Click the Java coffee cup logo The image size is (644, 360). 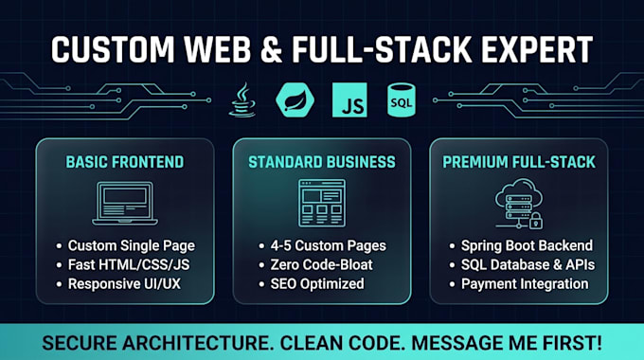point(242,99)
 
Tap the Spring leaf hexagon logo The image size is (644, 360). point(295,99)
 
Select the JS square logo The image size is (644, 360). point(349,99)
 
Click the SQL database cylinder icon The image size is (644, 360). point(402,99)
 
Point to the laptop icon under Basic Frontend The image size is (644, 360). point(125,204)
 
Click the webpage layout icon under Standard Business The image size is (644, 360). point(322,203)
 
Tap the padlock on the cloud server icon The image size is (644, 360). point(536,221)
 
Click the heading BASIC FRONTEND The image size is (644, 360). point(125,162)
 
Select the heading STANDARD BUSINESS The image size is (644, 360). point(322,162)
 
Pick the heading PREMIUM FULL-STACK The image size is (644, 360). point(519,162)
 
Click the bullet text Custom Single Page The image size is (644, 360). point(132,245)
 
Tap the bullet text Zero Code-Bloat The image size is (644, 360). point(322,264)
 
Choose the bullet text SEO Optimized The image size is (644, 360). point(317,284)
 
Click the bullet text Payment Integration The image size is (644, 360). point(525,284)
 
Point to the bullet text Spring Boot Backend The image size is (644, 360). point(527,245)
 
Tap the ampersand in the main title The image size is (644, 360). point(272,49)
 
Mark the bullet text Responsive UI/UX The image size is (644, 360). point(124,284)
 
